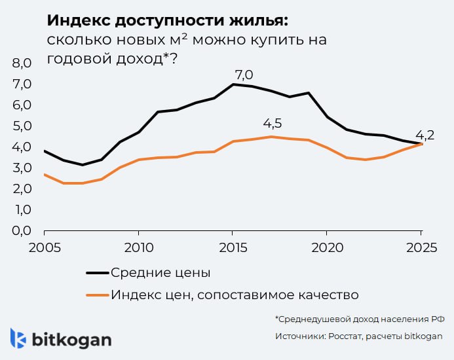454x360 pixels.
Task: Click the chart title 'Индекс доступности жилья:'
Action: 167,19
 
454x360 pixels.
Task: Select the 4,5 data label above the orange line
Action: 272,124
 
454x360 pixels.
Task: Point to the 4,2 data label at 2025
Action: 425,135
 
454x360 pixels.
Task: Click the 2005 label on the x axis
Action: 45,249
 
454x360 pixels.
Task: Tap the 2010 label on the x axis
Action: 138,249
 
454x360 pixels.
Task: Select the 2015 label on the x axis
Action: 233,249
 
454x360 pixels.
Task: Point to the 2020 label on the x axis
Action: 327,249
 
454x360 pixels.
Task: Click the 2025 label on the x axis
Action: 421,249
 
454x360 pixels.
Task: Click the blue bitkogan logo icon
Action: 18,338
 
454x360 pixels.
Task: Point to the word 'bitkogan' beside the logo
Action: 72,340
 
